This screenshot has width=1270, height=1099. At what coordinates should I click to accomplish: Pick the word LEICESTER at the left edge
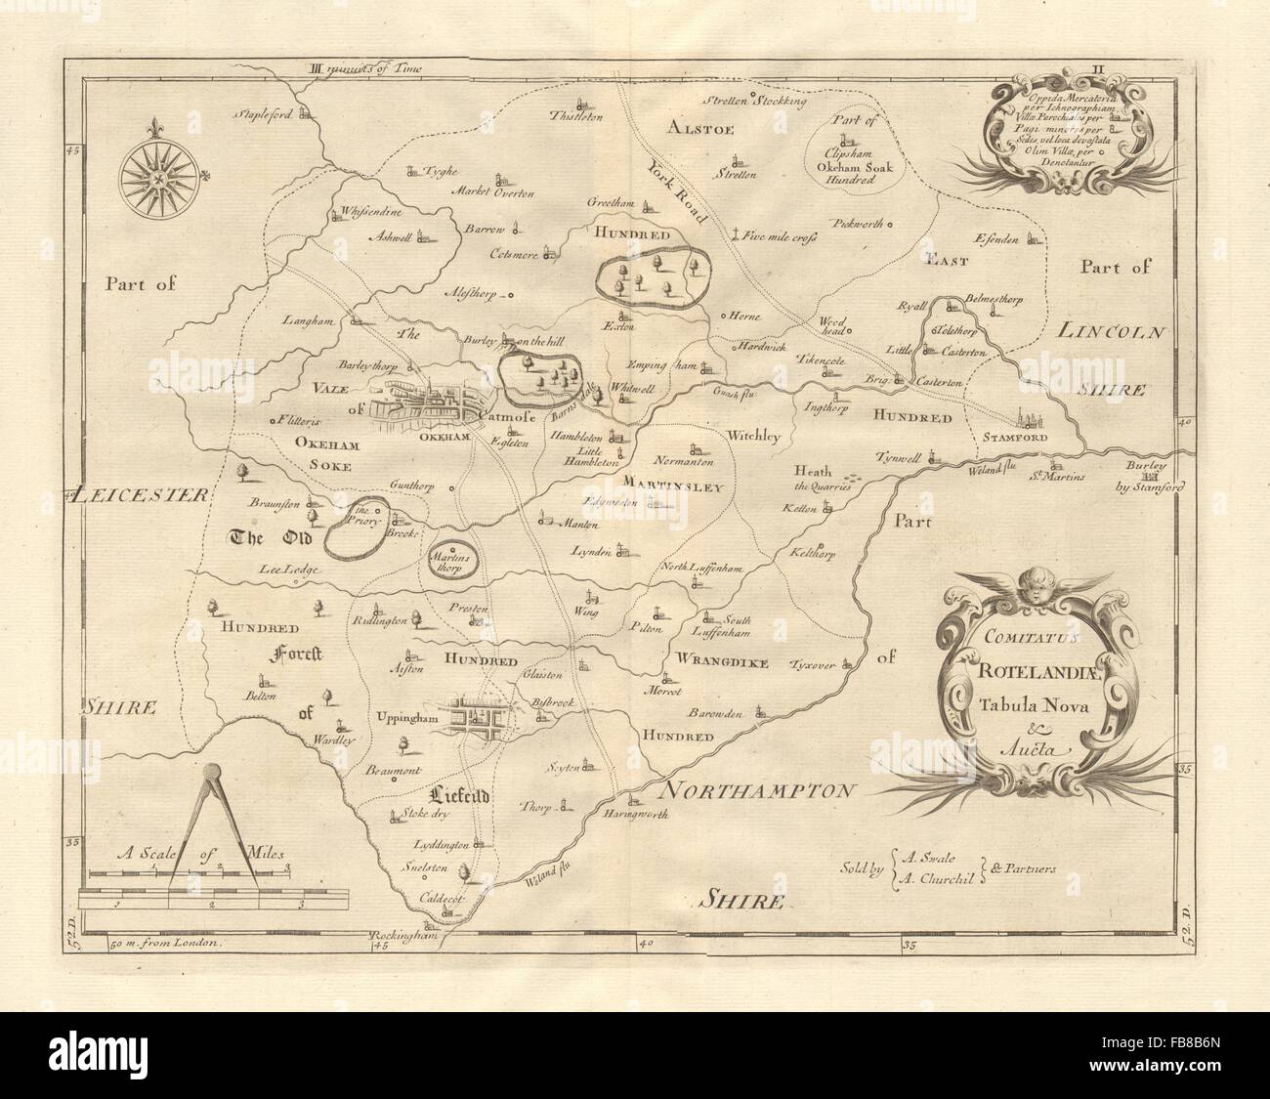(x=141, y=495)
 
